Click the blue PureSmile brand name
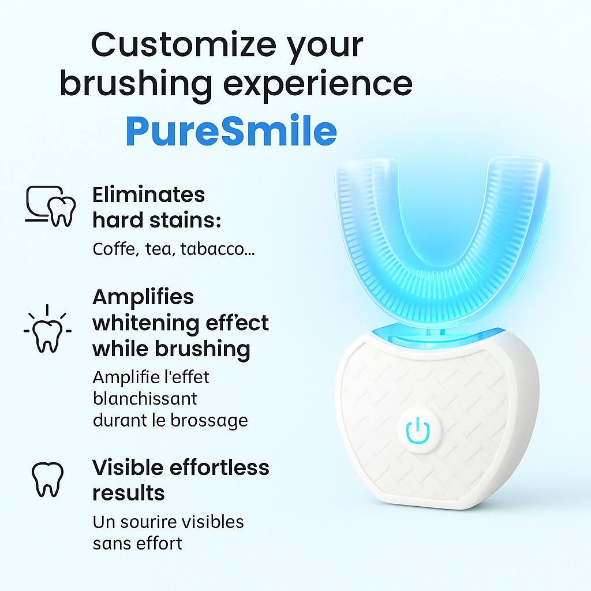(231, 131)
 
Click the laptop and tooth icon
(50, 206)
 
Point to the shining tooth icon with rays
(47, 328)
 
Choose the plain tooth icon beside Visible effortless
(47, 480)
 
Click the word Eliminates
(148, 195)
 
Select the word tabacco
(218, 249)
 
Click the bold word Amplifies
(143, 297)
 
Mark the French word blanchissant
(145, 398)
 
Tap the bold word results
(129, 493)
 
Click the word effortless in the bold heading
(219, 467)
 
